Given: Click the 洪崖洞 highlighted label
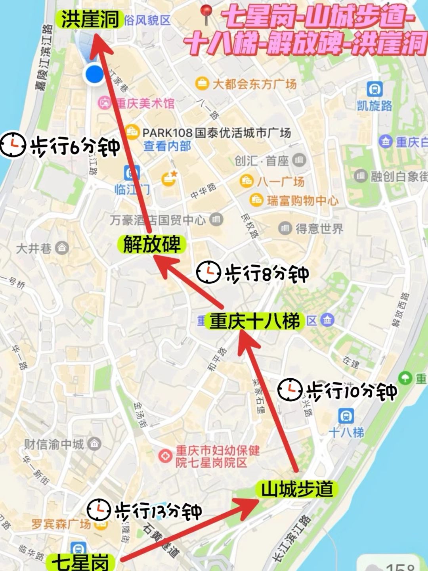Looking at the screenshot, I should tap(90, 19).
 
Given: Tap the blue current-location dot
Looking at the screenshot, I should tap(94, 74).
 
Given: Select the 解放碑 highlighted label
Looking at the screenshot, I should tap(151, 245).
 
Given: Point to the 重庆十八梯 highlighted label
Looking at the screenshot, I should tap(254, 321).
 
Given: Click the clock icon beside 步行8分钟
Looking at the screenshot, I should tap(208, 272).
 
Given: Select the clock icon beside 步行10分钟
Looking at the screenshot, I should tap(290, 390).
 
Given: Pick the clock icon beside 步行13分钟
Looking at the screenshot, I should tap(99, 510).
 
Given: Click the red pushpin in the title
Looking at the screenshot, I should tap(206, 15).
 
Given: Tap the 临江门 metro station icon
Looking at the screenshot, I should tap(131, 173).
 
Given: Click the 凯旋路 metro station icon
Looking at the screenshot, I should tap(374, 89).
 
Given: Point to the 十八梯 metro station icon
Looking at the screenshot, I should tap(346, 416).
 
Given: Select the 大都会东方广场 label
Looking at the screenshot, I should tap(254, 84).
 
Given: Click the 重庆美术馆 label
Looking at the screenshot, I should tap(145, 104).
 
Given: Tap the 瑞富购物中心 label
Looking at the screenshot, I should tap(303, 201).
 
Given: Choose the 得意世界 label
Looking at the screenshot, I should tap(319, 228).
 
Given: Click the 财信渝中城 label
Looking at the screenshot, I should tap(54, 444).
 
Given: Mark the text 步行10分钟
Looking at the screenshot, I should tap(352, 391).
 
